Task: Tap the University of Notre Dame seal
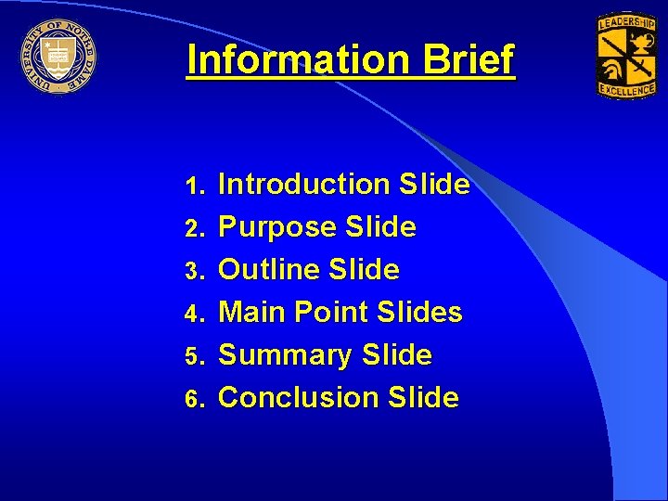[x=58, y=57]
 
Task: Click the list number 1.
[x=193, y=186]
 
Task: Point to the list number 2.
[x=193, y=228]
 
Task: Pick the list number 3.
[x=193, y=271]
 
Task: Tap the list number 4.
[x=193, y=314]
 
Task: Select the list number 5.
[x=193, y=356]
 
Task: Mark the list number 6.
[x=193, y=399]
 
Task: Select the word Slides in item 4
[x=420, y=313]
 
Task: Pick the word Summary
[x=285, y=355]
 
